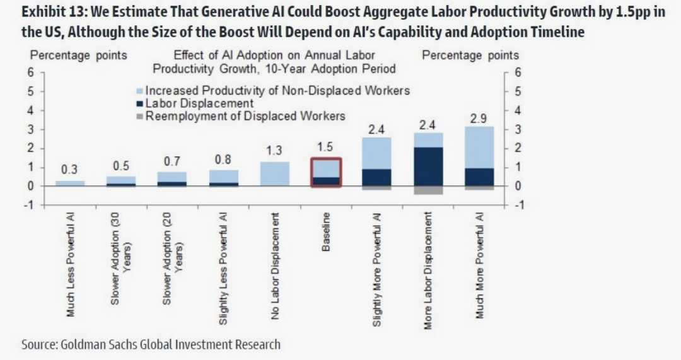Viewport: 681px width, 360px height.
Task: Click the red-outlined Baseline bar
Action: coord(326,172)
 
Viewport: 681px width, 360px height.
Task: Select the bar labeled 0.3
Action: coord(69,183)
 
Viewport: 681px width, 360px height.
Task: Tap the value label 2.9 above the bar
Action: coord(479,119)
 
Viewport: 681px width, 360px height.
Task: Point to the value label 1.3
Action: coord(274,151)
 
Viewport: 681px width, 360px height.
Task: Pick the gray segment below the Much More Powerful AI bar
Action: coord(479,188)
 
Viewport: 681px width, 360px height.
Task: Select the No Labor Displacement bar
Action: coord(274,173)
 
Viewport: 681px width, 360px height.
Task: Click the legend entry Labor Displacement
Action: coord(199,103)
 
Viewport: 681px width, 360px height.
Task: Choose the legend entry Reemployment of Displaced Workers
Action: coord(245,116)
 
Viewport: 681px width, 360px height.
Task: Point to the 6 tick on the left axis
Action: coord(30,72)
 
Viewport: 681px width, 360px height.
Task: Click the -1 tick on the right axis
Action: coord(518,206)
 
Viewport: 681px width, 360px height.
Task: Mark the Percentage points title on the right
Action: coord(470,55)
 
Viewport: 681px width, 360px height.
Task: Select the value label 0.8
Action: coord(223,160)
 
